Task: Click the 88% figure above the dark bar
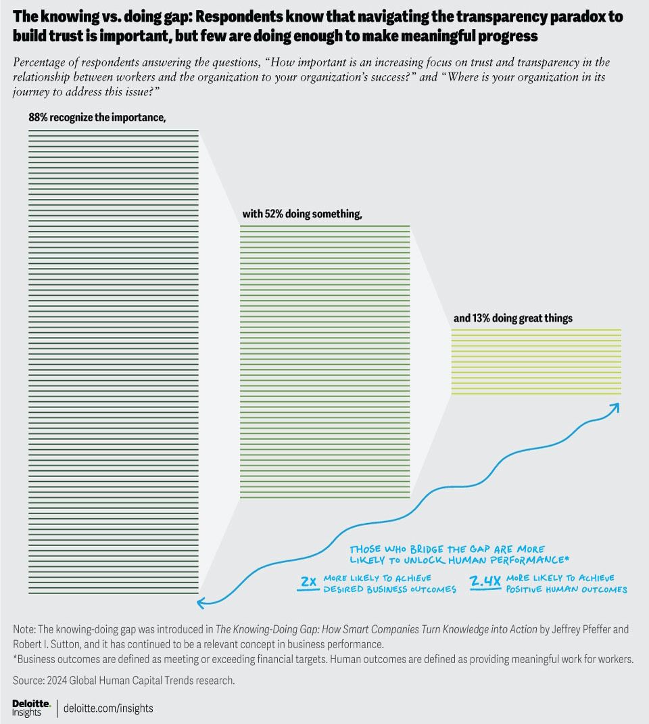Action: tap(39, 117)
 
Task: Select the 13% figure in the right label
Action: tap(481, 318)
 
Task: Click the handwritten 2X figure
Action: tap(308, 581)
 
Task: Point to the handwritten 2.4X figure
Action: tap(484, 581)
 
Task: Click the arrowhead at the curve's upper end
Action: tap(615, 407)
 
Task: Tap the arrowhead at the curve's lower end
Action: tap(201, 599)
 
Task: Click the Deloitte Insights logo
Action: tap(31, 708)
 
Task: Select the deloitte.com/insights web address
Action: tap(108, 708)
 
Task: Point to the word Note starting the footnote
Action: tap(24, 629)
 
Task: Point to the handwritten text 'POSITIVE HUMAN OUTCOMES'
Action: tap(567, 589)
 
